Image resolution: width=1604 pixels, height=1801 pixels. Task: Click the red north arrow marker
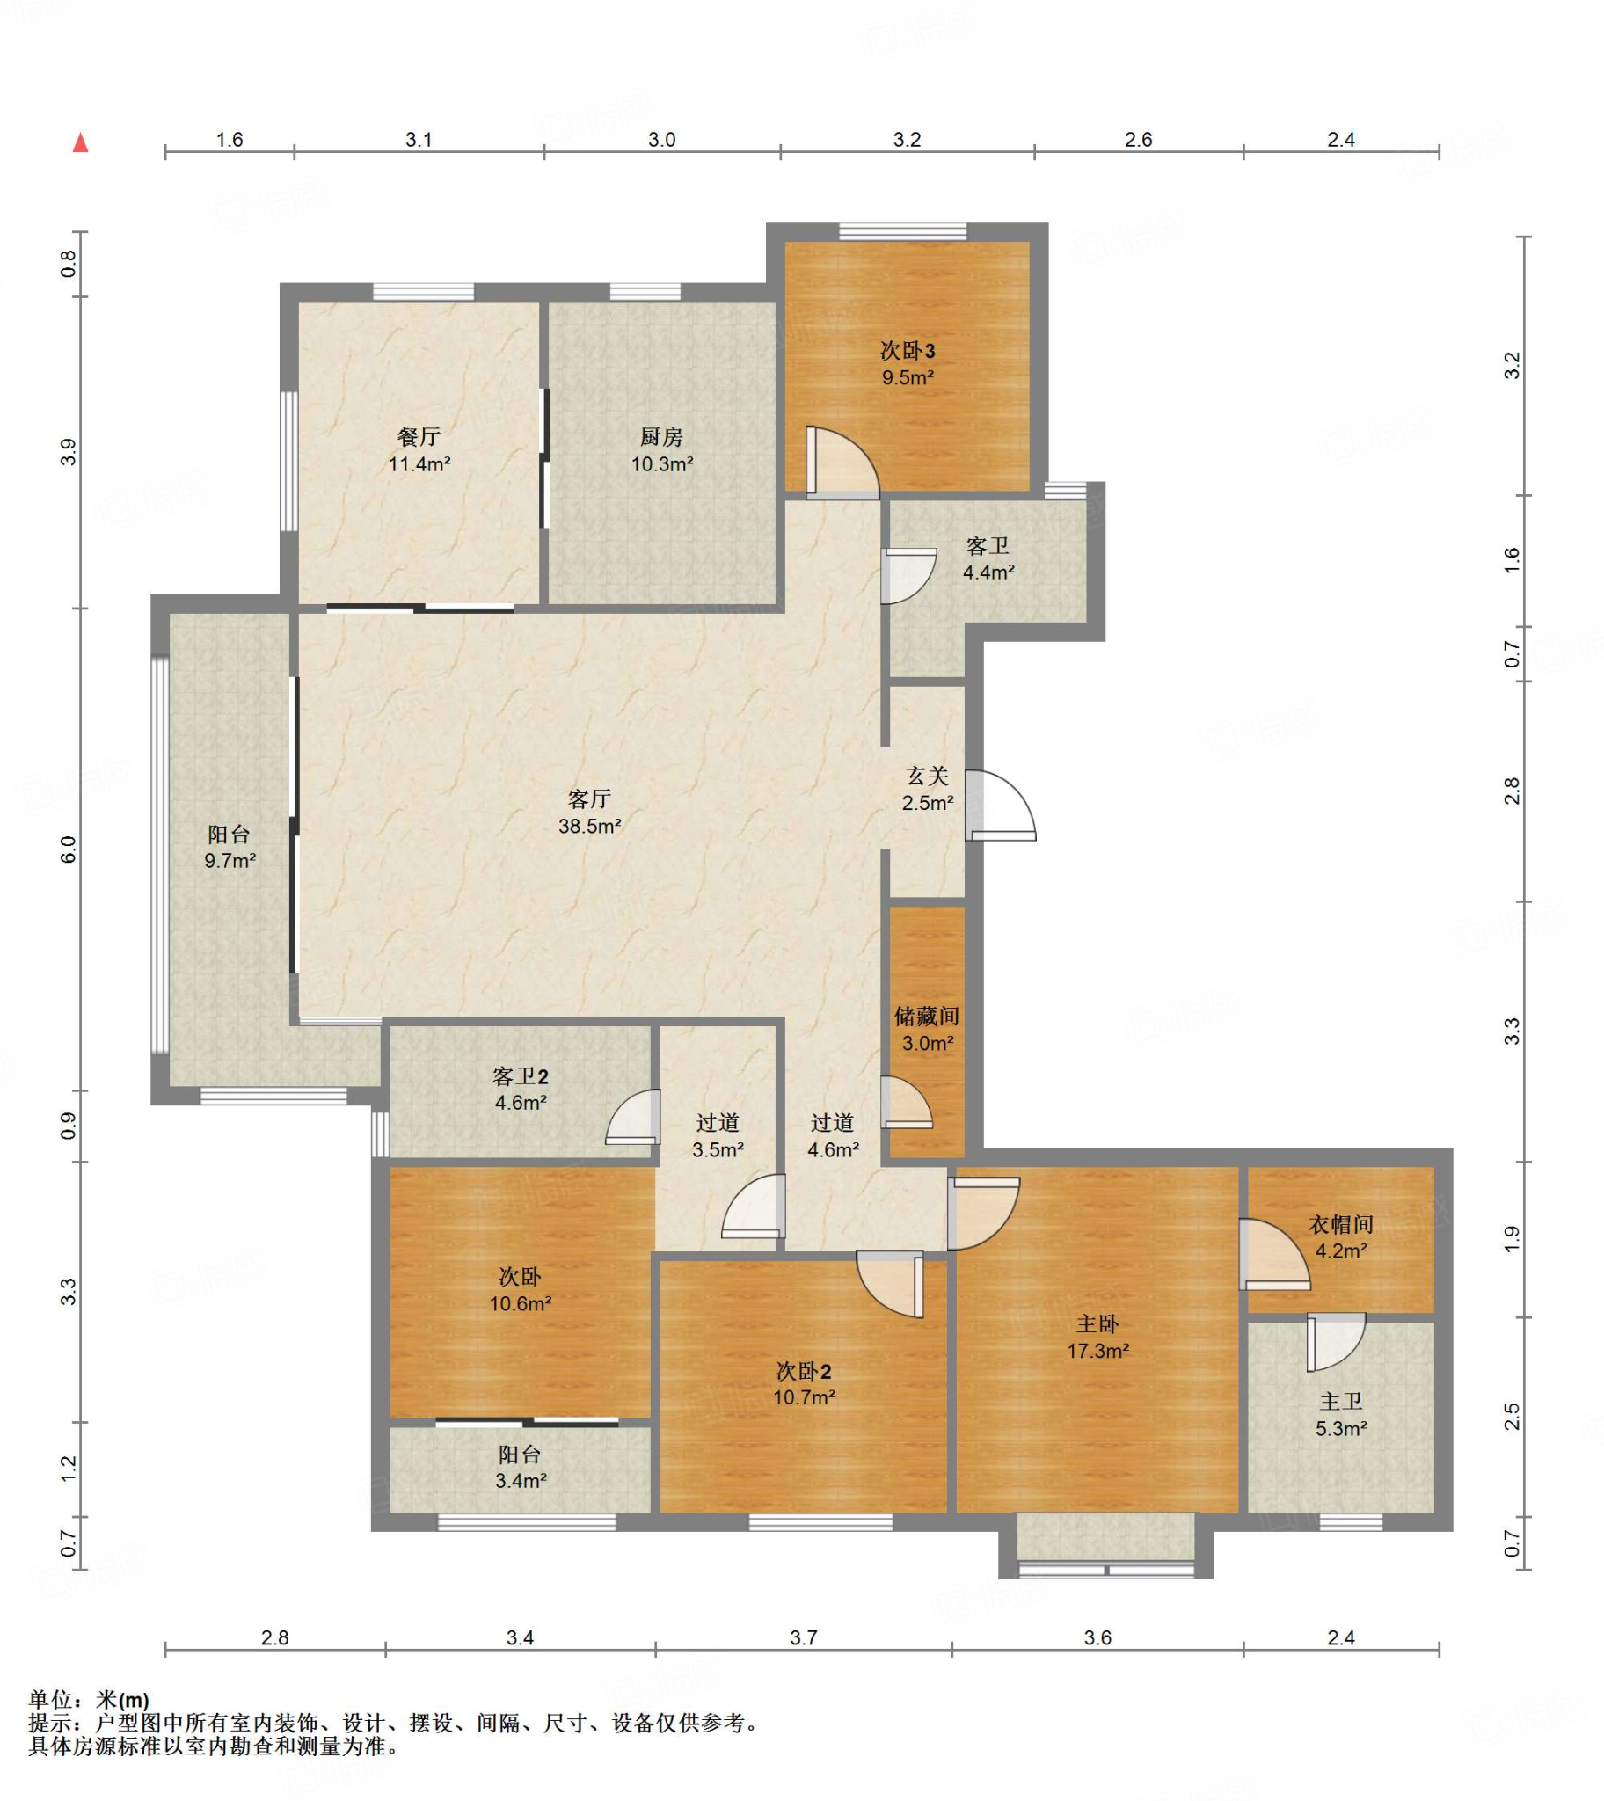(80, 142)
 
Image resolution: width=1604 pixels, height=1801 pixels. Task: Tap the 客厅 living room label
(589, 799)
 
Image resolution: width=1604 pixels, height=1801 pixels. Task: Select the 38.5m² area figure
(589, 827)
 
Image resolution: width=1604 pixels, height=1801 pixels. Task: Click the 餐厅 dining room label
(419, 437)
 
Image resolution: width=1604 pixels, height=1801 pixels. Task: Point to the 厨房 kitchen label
(661, 437)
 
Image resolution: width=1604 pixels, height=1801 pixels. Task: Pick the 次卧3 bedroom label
(907, 351)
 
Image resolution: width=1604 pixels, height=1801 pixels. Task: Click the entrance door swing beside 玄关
(1000, 806)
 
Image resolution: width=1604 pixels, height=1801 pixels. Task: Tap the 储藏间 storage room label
(926, 1017)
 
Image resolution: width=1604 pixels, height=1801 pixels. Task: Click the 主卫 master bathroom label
(1340, 1401)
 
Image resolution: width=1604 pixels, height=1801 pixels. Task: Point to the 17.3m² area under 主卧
(1097, 1351)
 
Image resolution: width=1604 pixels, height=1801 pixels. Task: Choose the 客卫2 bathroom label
(520, 1076)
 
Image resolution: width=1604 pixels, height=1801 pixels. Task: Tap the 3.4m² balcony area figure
(520, 1481)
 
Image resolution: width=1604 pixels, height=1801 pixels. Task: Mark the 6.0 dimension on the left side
(69, 849)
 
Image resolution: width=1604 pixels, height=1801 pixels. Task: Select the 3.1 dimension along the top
(419, 139)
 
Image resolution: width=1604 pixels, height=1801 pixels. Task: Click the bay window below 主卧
(1106, 1545)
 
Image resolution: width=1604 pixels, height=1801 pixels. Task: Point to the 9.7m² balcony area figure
(230, 861)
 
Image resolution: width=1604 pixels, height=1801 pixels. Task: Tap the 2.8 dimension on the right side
(1513, 791)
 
